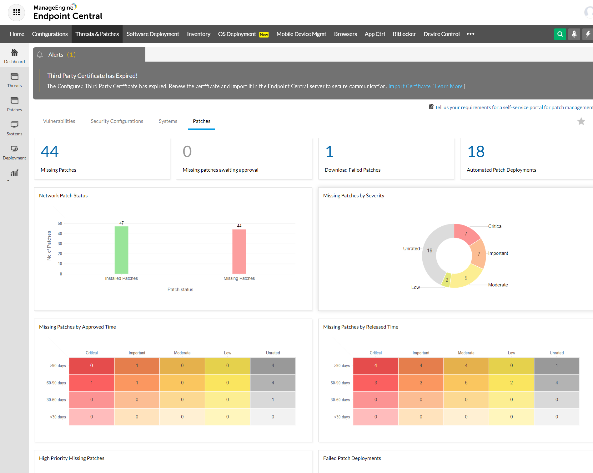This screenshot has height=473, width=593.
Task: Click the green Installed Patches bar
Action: coord(121,250)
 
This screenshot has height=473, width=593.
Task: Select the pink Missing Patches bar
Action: coord(239,252)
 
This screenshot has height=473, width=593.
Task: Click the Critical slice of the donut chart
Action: coord(466,234)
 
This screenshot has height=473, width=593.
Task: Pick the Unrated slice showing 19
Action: coord(431,250)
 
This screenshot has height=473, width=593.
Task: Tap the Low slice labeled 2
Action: coord(446,280)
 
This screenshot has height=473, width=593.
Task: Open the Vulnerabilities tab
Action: coord(59,121)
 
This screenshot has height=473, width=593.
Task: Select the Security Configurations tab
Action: coord(117,121)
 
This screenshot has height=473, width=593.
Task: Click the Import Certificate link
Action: coord(410,86)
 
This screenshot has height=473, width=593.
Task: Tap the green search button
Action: coord(560,34)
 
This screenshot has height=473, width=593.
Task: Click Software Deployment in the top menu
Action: coord(153,34)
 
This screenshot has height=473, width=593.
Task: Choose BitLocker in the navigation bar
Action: coord(404,34)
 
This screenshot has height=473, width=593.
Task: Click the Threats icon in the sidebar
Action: coord(14,77)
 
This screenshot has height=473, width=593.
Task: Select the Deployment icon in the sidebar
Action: coord(14,149)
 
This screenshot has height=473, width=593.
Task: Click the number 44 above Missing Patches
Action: coord(50,152)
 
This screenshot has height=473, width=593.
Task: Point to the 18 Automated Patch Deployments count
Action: coord(476,152)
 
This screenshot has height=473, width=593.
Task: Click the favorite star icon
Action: coord(581,121)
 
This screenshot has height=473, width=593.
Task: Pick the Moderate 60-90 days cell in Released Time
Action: coord(466,383)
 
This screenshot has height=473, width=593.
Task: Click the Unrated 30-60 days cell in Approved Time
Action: coord(273,400)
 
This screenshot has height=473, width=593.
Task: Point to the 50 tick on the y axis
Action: coord(60,224)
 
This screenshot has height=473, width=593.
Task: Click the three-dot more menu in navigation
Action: coord(470,34)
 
